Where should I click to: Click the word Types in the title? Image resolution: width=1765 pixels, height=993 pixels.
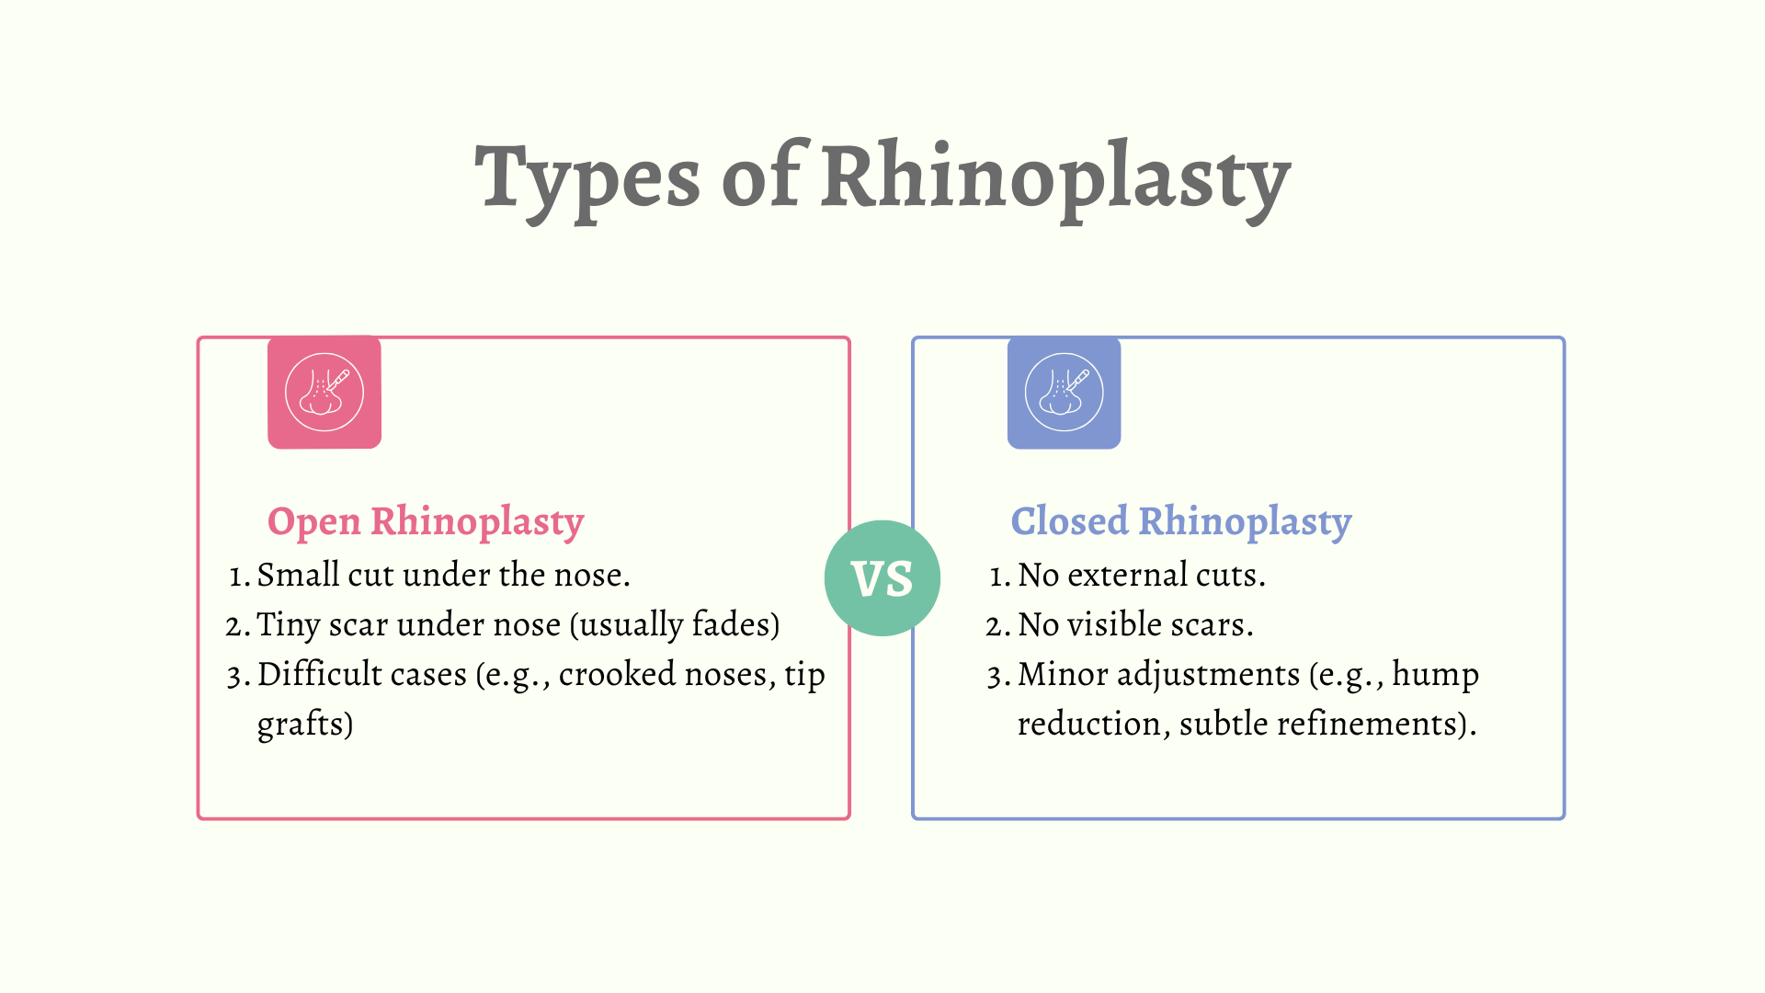(587, 180)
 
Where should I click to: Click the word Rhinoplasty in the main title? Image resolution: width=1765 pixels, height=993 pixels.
(1056, 180)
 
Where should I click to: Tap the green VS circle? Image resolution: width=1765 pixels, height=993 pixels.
(882, 578)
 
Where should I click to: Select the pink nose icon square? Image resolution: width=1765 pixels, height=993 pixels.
(325, 393)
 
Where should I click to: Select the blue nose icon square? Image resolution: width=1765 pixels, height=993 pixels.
(1064, 393)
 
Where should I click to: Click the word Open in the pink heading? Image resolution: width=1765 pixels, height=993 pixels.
(314, 522)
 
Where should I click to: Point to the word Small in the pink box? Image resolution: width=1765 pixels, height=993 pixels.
(298, 575)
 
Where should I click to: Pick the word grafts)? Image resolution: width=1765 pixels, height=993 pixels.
(305, 725)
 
